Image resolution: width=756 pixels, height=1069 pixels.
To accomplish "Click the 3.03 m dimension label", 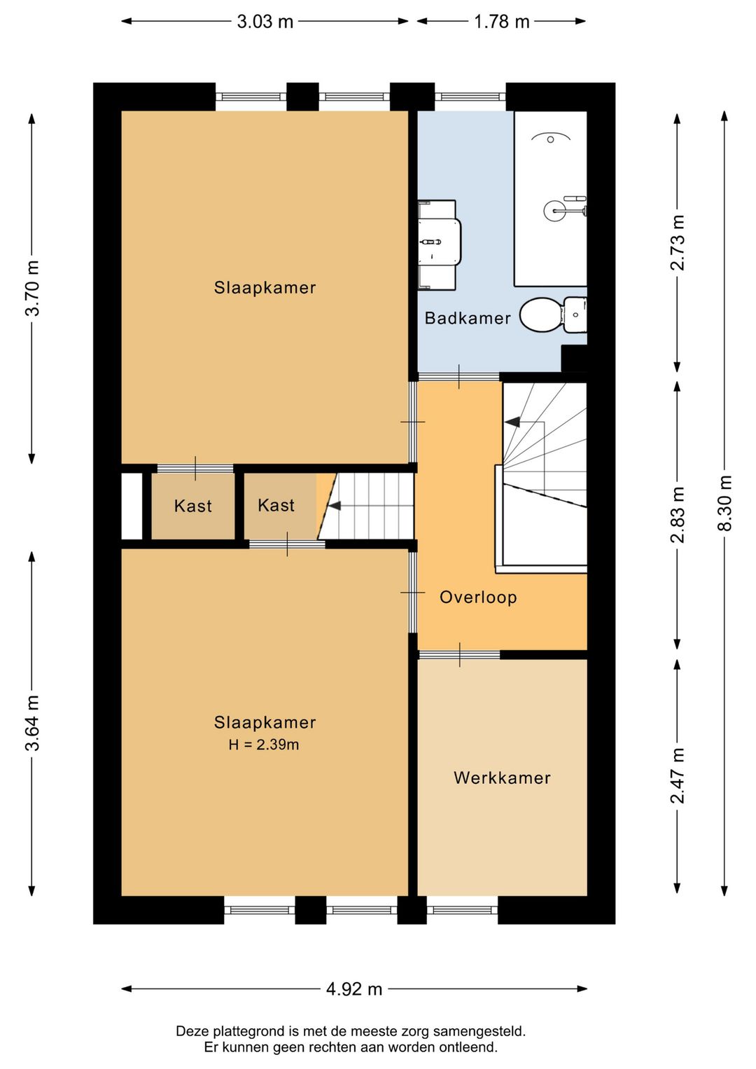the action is click(x=265, y=22).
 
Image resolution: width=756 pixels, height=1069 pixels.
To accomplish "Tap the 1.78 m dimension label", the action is click(x=501, y=22).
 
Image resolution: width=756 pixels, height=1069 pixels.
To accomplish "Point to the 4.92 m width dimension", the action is click(x=354, y=989).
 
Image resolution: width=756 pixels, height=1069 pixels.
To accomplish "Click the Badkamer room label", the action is click(x=468, y=318).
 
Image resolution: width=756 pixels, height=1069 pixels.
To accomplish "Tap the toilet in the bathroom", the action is click(x=553, y=315).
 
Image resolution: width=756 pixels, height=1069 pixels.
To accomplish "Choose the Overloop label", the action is click(x=478, y=597).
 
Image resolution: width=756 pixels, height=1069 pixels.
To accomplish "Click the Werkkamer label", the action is click(x=502, y=778).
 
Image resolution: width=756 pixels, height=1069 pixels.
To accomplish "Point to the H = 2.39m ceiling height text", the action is click(x=264, y=745).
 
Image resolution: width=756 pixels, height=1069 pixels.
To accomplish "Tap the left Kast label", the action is click(x=192, y=506).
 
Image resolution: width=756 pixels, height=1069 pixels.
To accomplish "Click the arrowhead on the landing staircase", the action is click(x=512, y=422).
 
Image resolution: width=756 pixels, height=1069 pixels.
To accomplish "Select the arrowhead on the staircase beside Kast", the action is click(x=334, y=505).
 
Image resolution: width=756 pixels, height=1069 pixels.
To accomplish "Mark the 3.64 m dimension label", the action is click(x=32, y=723).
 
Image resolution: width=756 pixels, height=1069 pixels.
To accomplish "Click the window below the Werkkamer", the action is click(x=462, y=909).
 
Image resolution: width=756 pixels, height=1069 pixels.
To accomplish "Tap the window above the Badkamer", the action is click(x=470, y=97).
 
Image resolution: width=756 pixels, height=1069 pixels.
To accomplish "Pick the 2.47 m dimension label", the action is click(x=678, y=775).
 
